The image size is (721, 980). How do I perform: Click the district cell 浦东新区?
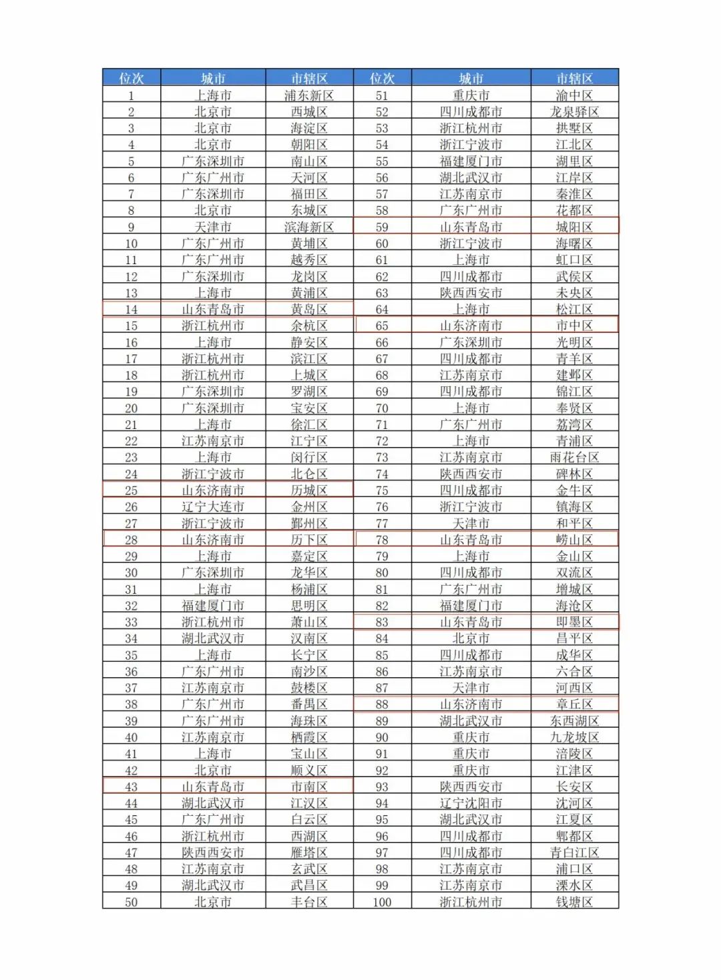pos(309,95)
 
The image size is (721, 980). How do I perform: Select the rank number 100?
pos(382,902)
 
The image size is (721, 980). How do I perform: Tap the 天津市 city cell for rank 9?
pos(213,227)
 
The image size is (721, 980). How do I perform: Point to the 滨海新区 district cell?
pos(309,227)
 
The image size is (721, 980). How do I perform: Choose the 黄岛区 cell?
pos(309,310)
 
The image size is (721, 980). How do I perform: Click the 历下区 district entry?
pos(309,540)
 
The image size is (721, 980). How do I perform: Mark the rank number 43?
pos(131,787)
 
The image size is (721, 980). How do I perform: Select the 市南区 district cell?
pos(309,787)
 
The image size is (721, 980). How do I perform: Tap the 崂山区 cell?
pos(574,540)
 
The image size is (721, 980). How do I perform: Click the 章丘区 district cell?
pos(574,704)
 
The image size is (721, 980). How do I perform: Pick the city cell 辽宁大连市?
pos(213,507)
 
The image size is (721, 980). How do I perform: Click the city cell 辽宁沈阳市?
pos(471,803)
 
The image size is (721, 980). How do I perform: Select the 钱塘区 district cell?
pos(574,902)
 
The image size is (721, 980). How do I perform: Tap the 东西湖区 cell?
pos(574,720)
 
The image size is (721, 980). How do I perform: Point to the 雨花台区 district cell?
pos(574,458)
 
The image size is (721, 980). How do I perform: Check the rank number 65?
pos(382,326)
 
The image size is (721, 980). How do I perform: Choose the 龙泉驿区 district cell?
pos(574,112)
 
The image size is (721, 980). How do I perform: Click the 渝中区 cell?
pos(574,95)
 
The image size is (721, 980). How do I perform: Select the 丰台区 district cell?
pos(309,902)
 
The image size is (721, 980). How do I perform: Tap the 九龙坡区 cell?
pos(574,737)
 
